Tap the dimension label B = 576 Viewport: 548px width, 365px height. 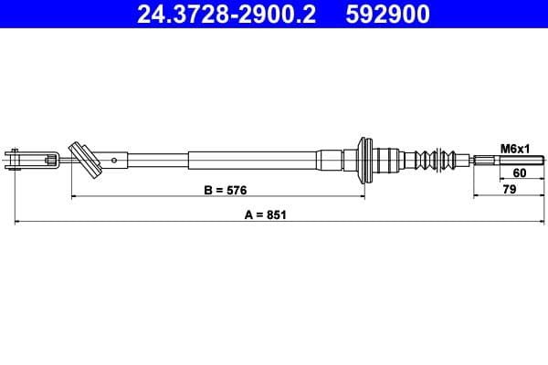(x=225, y=190)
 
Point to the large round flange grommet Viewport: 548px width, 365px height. (x=367, y=161)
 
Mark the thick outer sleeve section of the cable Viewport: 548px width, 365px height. (x=251, y=161)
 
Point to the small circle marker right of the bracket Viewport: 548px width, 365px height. (x=113, y=161)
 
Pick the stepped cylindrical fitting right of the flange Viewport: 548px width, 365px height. (x=391, y=161)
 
